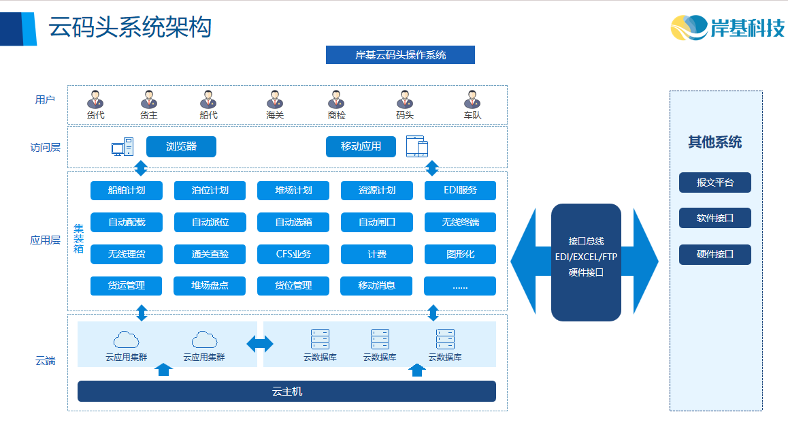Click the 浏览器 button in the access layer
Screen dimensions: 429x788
click(181, 146)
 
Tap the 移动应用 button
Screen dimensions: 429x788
click(361, 146)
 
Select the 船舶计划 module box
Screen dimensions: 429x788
click(127, 191)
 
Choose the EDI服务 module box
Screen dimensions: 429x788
click(460, 191)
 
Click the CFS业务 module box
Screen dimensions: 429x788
click(293, 254)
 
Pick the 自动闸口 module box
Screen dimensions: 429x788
click(377, 223)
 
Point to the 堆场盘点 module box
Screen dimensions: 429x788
click(210, 286)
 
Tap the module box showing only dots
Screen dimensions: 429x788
click(460, 286)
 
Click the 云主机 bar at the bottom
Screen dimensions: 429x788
click(286, 391)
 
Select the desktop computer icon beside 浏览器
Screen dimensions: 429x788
click(122, 146)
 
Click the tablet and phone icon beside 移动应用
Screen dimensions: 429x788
click(417, 146)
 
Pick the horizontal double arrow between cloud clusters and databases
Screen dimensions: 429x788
click(260, 344)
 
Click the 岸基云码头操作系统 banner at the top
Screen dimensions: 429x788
click(400, 54)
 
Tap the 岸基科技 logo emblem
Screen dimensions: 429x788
click(689, 27)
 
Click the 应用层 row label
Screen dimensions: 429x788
click(46, 240)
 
